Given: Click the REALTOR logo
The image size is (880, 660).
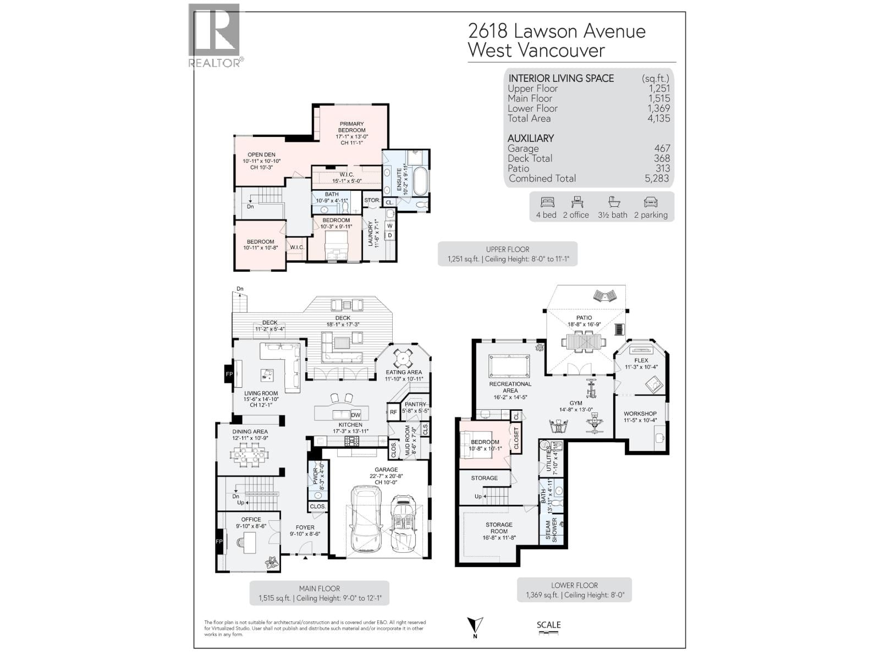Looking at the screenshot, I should click(215, 35).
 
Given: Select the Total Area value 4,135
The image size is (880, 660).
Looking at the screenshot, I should click(658, 118).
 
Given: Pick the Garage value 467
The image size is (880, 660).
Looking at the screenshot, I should click(662, 148).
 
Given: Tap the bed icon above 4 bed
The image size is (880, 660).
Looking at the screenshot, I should click(546, 202).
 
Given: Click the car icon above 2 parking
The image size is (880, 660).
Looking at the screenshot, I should click(651, 202).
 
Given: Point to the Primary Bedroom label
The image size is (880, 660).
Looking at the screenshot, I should click(351, 127).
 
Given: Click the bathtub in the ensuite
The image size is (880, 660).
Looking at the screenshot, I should click(420, 182).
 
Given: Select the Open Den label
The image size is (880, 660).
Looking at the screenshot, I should click(261, 155).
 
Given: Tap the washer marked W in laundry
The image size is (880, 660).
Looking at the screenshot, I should click(390, 226).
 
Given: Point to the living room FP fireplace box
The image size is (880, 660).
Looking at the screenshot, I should click(229, 375).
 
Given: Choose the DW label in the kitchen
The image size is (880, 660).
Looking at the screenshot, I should click(355, 415).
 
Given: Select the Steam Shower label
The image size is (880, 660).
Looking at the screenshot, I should click(551, 530).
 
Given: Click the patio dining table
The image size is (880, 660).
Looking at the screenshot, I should click(584, 343).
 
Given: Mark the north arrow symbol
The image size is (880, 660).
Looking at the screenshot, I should click(475, 626).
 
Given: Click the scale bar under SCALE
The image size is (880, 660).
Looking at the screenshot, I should click(548, 634).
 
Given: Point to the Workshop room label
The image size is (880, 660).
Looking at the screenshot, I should click(640, 414).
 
